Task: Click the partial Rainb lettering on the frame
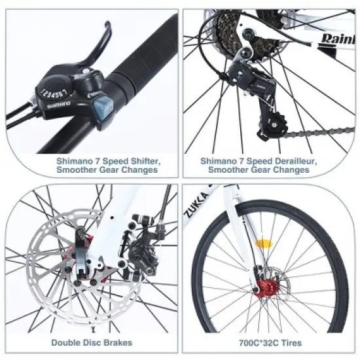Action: [336, 40]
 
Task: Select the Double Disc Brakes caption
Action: [92, 342]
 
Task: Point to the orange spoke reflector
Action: [264, 244]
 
